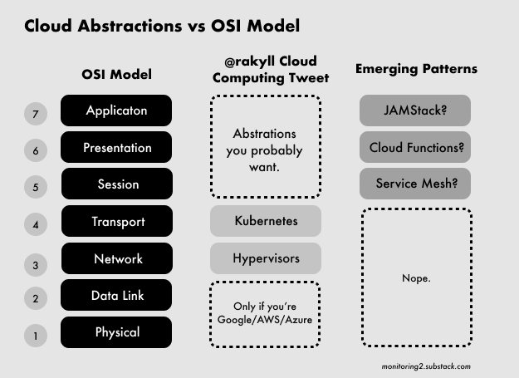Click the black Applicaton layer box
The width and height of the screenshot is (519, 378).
pos(116,110)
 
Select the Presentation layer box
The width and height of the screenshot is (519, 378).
pos(116,147)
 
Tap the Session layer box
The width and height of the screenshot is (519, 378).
pos(117,184)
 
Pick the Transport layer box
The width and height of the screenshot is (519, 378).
pos(117,221)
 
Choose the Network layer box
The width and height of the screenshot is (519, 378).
pos(117,258)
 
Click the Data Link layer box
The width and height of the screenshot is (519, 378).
pos(116,295)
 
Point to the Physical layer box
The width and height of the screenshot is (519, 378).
pos(116,332)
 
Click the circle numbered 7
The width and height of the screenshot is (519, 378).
pos(36,114)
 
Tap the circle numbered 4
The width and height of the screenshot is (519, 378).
pos(36,224)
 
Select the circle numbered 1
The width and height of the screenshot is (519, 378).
pos(36,336)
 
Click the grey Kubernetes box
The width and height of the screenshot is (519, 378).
pos(266,221)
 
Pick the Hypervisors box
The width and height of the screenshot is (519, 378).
pos(266,258)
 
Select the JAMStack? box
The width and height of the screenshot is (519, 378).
pos(415,110)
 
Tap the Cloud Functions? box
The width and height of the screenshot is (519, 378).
pos(415,147)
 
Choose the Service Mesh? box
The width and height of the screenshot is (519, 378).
pos(415,184)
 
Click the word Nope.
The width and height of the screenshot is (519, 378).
pos(416,278)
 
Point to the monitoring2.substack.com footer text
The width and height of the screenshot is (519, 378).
pos(426,366)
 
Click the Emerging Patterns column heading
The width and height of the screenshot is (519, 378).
pos(416,69)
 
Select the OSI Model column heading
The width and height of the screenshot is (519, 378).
pos(116,74)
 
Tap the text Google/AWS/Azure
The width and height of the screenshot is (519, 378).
pos(265,320)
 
